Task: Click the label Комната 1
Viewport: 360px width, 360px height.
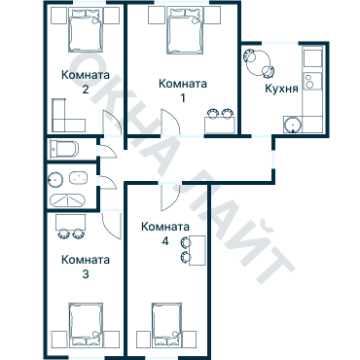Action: tap(182, 90)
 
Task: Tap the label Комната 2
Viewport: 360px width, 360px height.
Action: tap(85, 82)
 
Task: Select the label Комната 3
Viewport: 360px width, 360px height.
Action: tap(85, 267)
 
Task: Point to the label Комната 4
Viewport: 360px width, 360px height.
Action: tap(164, 234)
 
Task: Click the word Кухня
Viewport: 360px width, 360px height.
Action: tap(282, 89)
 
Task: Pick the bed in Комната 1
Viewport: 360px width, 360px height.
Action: tap(183, 32)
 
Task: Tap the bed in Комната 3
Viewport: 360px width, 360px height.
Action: tap(86, 323)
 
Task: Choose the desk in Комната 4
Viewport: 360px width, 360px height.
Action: tap(197, 250)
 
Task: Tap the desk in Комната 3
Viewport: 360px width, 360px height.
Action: tap(69, 221)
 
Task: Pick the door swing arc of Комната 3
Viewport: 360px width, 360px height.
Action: tap(108, 225)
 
